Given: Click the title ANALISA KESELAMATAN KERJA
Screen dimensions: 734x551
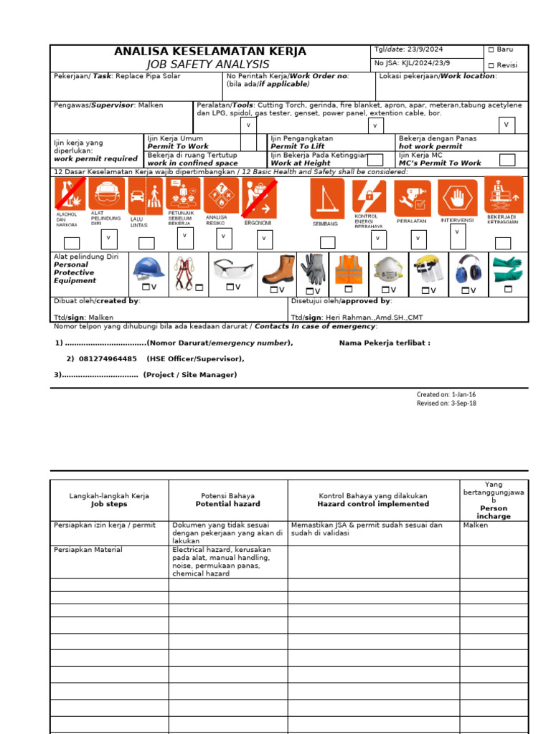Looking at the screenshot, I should click(210, 52).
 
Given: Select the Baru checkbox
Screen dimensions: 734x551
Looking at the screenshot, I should click(491, 50).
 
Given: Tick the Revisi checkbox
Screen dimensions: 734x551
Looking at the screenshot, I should click(491, 65).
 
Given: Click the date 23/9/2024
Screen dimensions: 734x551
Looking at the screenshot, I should click(426, 50).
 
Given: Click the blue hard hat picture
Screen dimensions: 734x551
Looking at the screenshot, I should click(149, 269).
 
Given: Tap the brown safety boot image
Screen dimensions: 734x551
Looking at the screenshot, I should click(278, 270).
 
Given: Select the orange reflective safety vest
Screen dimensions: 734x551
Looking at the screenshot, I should click(349, 270).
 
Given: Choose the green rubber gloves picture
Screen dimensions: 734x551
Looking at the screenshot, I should click(508, 270).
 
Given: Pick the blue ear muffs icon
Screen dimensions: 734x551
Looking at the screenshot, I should click(468, 269).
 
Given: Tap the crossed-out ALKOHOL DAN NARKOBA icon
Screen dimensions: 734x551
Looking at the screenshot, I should click(71, 195).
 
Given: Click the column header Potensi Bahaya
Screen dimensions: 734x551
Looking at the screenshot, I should click(227, 500).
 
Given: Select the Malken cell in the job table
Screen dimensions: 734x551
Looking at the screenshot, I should click(476, 525).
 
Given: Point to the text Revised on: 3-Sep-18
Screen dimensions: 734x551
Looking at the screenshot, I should click(446, 403).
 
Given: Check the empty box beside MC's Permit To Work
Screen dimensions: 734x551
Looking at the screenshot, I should click(507, 160).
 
